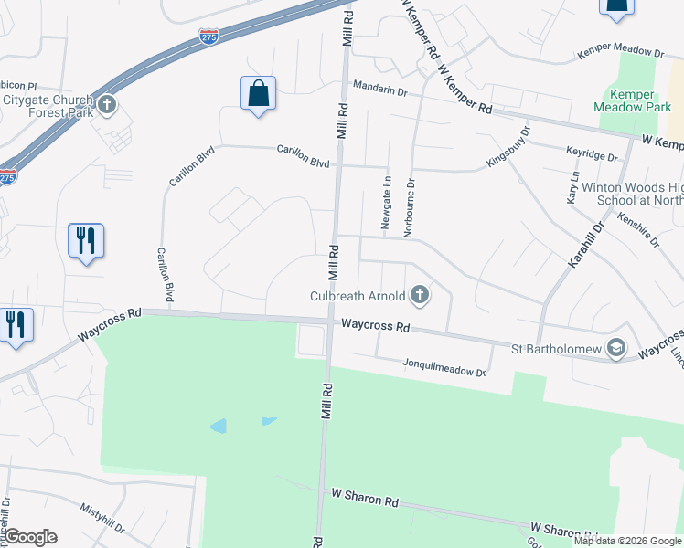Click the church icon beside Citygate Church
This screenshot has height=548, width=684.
107,103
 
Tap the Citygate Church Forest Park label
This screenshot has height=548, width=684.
48,107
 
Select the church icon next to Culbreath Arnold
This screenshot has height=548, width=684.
420,294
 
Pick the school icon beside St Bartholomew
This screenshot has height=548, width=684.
616,347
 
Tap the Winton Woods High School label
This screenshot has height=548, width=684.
623,194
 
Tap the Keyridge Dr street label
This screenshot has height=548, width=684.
592,155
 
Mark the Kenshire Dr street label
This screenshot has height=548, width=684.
639,228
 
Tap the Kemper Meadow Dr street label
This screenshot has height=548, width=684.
619,54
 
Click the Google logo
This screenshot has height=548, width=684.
30,537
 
